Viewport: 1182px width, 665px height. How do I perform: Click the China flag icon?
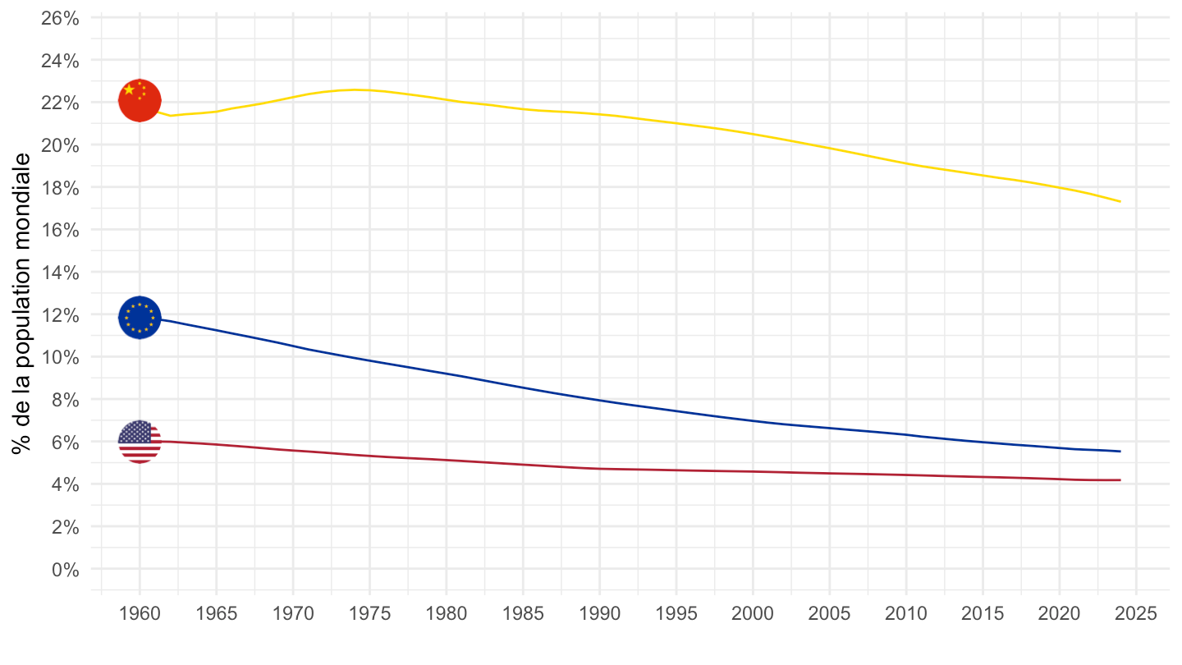coord(140,101)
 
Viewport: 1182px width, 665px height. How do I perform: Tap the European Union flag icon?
coord(140,317)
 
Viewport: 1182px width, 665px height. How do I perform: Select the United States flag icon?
coord(140,442)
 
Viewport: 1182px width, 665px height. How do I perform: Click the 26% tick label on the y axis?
coord(60,18)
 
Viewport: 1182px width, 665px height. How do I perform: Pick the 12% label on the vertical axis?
coord(60,314)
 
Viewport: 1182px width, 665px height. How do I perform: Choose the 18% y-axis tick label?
coord(60,187)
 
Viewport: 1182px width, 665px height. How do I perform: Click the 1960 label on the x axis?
coord(140,613)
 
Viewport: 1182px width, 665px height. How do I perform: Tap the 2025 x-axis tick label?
coord(1135,613)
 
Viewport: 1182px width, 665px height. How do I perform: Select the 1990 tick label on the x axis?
coord(599,613)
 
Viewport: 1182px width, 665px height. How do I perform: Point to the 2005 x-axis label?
coord(829,613)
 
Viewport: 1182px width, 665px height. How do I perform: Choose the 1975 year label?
coord(369,613)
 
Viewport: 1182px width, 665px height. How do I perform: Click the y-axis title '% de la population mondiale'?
coord(22,304)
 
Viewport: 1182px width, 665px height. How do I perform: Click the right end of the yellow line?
coord(1120,201)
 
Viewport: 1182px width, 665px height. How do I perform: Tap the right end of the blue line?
coord(1120,451)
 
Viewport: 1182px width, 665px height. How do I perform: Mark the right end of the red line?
coord(1120,480)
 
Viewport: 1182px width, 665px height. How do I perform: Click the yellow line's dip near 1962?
coord(171,116)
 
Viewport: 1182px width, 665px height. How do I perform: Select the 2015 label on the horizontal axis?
coord(983,613)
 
